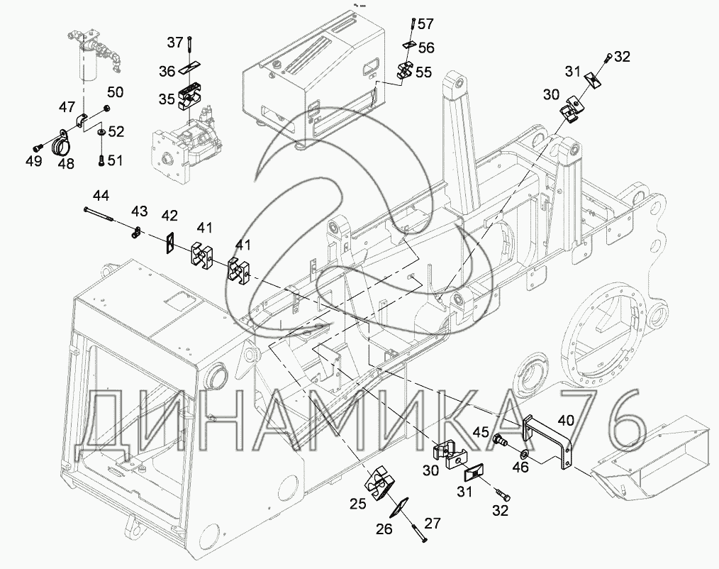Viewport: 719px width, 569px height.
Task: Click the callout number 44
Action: click(x=101, y=196)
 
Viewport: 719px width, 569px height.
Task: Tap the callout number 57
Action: click(x=425, y=24)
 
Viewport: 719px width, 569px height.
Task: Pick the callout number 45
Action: click(x=481, y=432)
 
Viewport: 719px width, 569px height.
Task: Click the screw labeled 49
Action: click(x=38, y=148)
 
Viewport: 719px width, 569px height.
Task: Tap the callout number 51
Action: click(x=115, y=160)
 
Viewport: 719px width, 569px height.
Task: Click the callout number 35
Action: click(x=167, y=99)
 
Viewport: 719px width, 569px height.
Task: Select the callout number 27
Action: click(x=433, y=523)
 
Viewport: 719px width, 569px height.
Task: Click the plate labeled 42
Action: click(x=170, y=242)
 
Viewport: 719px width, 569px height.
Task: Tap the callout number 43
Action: click(x=140, y=211)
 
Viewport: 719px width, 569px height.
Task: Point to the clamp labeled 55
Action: click(x=404, y=69)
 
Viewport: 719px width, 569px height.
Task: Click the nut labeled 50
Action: click(x=106, y=109)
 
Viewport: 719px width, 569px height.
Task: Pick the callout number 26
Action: click(x=384, y=529)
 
